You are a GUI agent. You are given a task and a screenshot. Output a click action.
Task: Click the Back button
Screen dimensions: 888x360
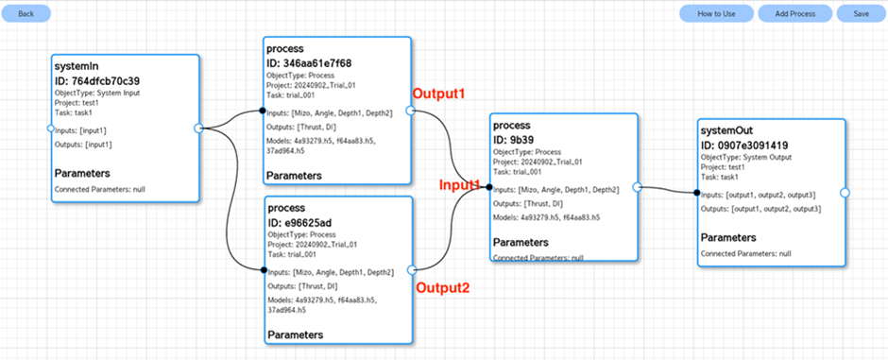26,13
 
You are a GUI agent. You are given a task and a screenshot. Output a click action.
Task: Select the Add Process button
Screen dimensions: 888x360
795,13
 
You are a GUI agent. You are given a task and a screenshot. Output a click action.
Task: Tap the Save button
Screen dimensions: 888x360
861,13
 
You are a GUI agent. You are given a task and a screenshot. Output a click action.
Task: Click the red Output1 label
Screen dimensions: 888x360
438,94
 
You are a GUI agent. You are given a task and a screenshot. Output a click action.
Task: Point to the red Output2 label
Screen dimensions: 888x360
443,287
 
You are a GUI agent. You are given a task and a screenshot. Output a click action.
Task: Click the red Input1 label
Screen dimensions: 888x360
460,184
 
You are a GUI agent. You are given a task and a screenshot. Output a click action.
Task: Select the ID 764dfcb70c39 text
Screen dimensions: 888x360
97,80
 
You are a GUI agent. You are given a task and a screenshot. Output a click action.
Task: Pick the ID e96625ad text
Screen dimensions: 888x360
301,221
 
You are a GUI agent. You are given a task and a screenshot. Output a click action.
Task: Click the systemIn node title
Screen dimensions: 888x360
74,67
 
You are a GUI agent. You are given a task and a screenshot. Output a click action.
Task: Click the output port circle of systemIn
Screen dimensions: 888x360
198,129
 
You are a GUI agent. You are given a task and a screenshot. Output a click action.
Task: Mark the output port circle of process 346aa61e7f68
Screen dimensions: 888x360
411,111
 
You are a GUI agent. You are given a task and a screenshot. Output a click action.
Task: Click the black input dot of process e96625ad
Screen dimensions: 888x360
264,270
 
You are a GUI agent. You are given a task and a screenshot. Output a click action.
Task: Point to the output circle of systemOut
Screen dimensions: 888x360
845,193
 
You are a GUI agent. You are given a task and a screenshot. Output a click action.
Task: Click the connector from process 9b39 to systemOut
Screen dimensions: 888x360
668,190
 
